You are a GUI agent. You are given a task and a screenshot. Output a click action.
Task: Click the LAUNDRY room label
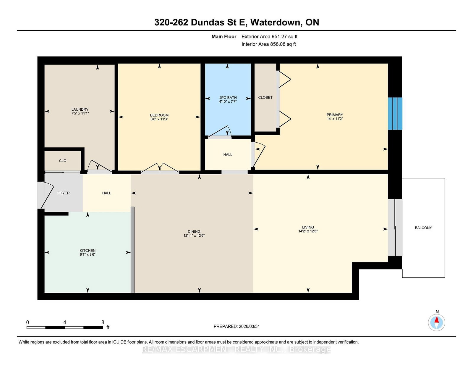point(80,109)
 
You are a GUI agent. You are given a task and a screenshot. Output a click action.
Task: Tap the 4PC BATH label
point(228,98)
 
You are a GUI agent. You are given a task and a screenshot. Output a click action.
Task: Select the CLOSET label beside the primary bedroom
point(265,97)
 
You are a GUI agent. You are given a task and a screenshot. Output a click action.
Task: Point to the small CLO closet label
point(62,161)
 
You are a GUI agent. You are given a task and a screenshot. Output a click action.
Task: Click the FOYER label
point(63,193)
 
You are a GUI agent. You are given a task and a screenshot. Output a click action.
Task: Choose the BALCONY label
point(423,228)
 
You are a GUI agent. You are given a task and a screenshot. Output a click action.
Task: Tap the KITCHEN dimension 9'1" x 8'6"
point(88,254)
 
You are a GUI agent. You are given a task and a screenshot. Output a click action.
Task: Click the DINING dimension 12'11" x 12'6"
point(194,236)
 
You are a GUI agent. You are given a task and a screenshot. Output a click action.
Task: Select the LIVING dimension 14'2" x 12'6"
point(308,231)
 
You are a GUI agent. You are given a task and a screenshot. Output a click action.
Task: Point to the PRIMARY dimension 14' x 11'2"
point(335,119)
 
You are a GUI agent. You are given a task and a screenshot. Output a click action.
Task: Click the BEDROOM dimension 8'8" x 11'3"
point(159,119)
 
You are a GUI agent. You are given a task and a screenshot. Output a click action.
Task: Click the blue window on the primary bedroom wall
point(395,114)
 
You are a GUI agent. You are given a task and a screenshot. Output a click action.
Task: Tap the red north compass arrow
point(436,320)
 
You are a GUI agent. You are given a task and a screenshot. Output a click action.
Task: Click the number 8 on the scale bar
point(103,322)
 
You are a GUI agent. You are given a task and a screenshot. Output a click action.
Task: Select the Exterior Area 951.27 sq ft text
point(269,37)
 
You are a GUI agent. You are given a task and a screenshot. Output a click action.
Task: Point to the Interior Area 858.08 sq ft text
point(269,44)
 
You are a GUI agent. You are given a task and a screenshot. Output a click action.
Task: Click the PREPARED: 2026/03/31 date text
point(237,326)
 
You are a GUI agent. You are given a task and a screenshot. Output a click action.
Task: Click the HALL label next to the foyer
point(106,193)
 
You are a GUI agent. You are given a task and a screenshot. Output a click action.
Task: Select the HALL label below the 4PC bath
point(228,155)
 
